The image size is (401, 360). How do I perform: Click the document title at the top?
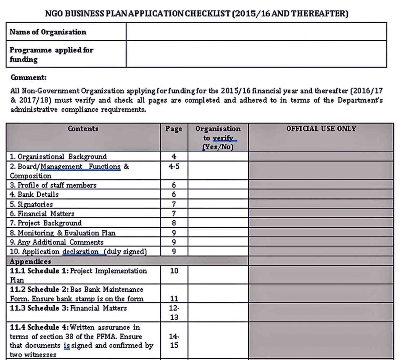[x=197, y=14]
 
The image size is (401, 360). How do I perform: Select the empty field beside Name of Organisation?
[x=256, y=32]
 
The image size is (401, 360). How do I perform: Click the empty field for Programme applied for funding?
[x=256, y=54]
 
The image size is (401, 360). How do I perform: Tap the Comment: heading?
[x=28, y=77]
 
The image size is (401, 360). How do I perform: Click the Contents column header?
[x=83, y=129]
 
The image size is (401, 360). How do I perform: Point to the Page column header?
[x=174, y=129]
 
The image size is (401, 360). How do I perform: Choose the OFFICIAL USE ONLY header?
[x=321, y=129]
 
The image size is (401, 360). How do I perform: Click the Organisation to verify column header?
[x=218, y=138]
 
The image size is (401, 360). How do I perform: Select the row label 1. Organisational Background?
[x=58, y=157]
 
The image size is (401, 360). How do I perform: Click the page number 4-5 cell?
[x=174, y=166]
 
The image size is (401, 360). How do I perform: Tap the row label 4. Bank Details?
[x=34, y=194]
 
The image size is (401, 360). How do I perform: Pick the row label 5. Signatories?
[x=31, y=204]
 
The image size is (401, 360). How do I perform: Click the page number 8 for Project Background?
[x=174, y=223]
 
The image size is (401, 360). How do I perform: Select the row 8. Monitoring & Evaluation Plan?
[x=63, y=233]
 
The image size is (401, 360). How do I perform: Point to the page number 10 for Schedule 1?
[x=174, y=271]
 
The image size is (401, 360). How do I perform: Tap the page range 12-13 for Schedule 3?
[x=174, y=313]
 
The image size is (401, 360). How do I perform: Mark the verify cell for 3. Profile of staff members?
[x=218, y=185]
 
